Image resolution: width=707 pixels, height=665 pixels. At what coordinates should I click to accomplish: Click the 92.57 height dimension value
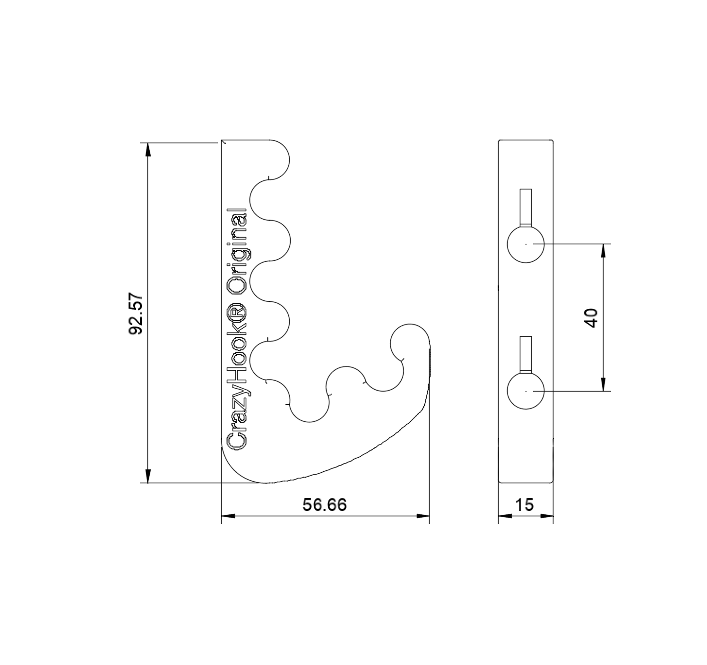tap(136, 314)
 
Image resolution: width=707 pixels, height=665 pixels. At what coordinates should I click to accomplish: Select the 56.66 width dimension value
tap(325, 504)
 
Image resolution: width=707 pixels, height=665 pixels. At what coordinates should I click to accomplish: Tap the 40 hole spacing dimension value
tap(591, 318)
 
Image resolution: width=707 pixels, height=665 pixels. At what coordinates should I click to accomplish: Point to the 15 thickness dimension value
tap(525, 504)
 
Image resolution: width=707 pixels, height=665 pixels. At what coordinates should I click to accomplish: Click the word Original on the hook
tap(237, 252)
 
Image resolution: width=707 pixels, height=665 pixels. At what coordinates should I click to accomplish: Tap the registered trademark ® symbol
tap(237, 310)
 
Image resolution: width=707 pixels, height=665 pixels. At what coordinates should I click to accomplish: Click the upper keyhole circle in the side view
tap(526, 244)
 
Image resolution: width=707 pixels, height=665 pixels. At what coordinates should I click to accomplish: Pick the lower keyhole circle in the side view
tap(526, 392)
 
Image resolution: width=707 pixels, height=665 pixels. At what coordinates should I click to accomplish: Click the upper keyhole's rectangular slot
tap(526, 207)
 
